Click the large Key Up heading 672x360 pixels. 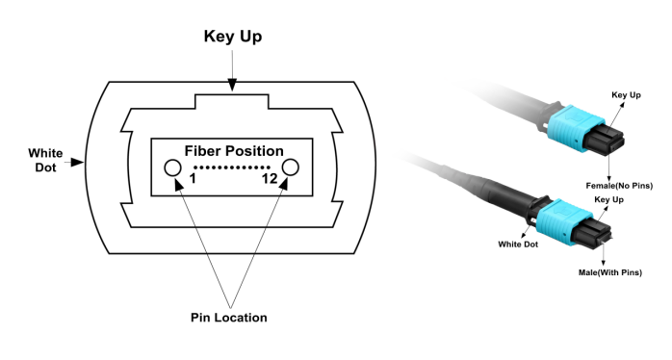coord(233,37)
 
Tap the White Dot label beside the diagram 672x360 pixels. coord(44,160)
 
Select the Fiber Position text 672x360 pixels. coord(233,151)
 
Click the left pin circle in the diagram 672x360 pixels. coord(173,167)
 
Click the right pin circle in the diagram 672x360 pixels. coord(291,167)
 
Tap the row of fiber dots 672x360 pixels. coord(232,167)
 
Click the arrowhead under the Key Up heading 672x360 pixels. coord(233,87)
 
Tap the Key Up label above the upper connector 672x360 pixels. coord(626,95)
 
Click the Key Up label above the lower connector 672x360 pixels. coord(608,199)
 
